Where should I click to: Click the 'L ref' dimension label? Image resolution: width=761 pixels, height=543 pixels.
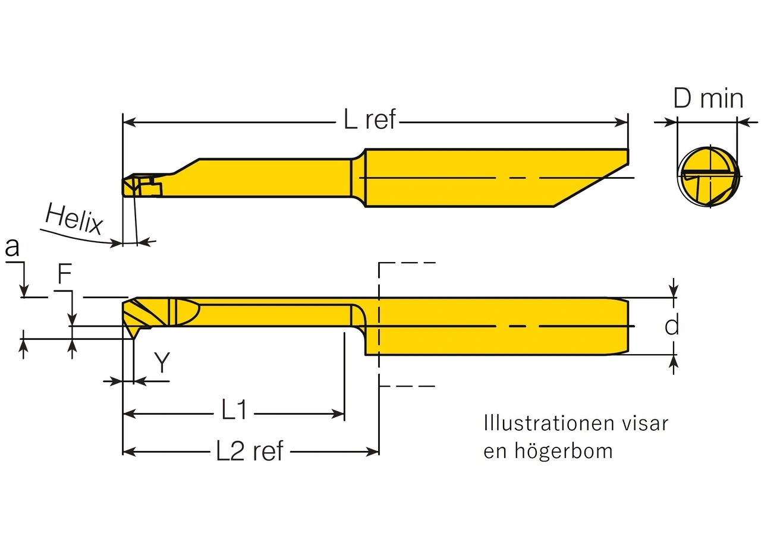coord(369,121)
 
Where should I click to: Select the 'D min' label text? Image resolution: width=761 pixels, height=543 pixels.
coord(708,98)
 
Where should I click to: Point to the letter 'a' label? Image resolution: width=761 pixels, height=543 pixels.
coord(12,248)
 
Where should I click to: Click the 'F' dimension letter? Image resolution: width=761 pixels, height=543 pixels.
coord(65,275)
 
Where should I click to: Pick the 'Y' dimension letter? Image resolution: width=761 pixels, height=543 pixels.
coord(162,362)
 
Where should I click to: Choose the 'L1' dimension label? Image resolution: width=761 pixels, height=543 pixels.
coord(234,410)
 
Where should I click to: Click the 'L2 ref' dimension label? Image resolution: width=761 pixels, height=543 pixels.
coord(250,452)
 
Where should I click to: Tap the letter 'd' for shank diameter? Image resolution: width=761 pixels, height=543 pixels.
coord(672,326)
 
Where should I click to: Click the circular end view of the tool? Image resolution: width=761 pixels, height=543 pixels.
coord(709,177)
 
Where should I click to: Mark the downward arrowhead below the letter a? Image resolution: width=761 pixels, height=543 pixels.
coord(24,291)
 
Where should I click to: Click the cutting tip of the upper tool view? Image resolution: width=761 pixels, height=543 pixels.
coord(126,186)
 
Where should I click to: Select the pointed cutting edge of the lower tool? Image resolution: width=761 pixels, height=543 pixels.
coord(134,337)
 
